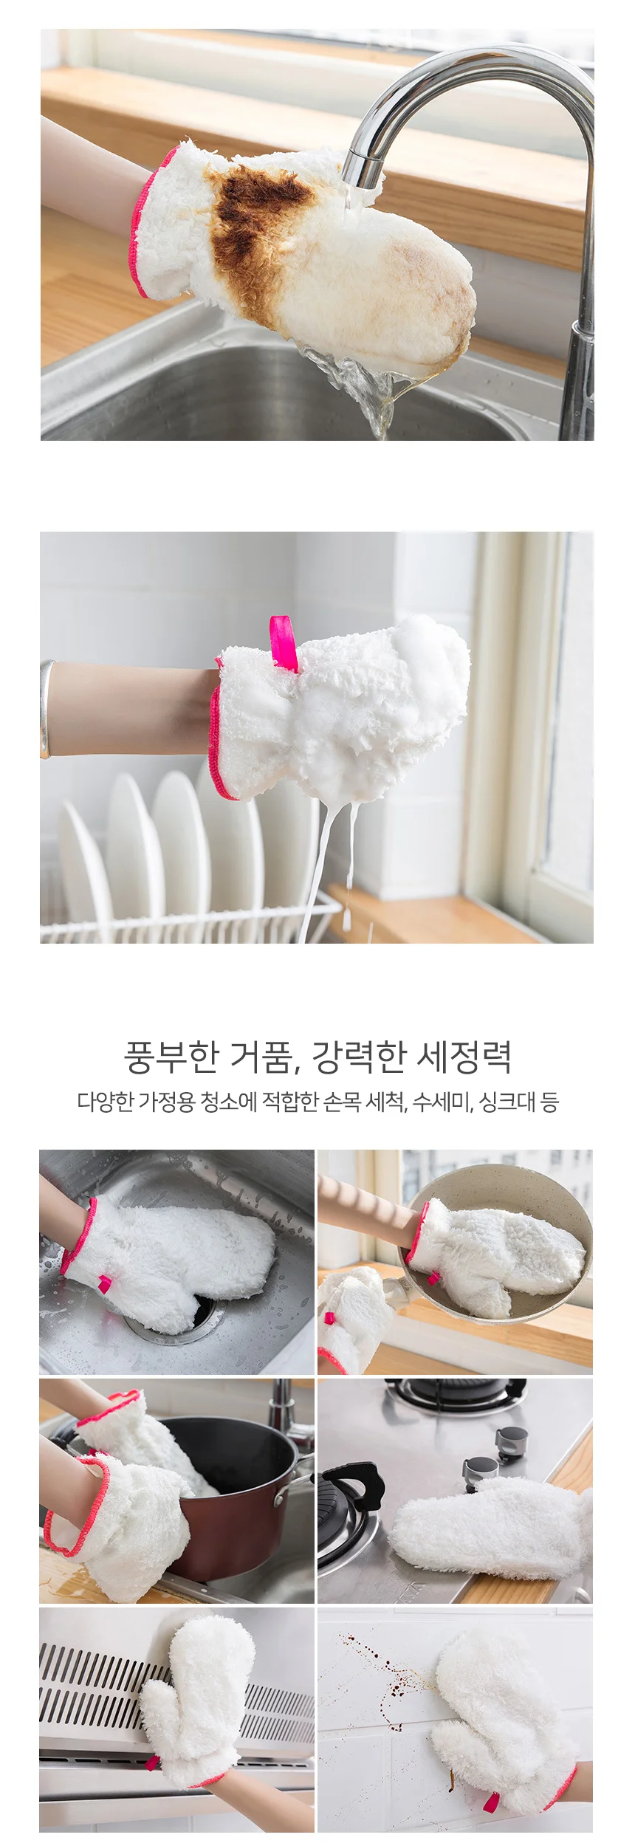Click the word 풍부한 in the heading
tap(171, 1057)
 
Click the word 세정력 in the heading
tap(464, 1057)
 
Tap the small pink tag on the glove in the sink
tap(105, 1284)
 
